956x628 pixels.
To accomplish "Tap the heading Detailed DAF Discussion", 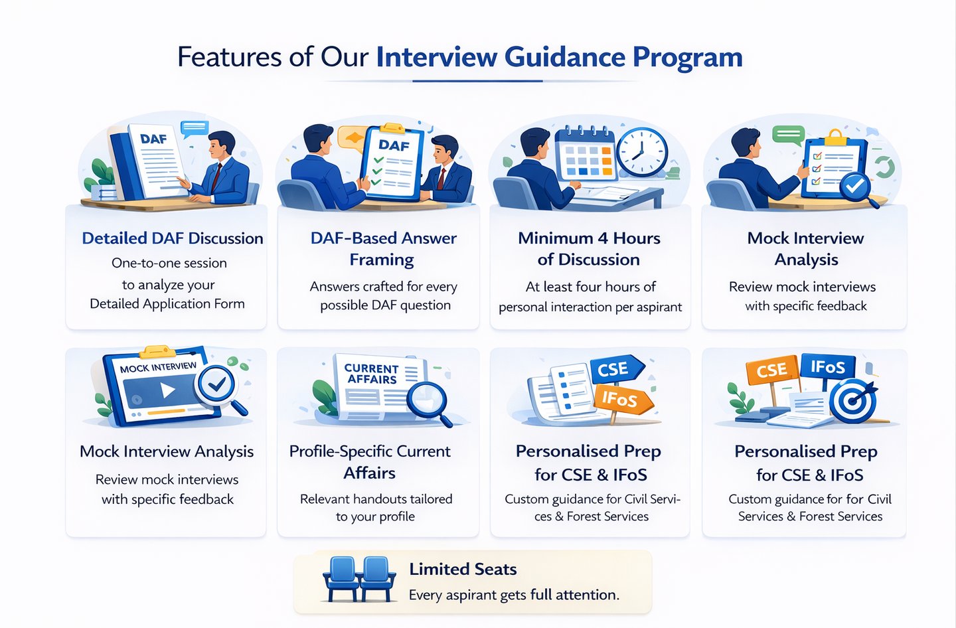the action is pos(173,238).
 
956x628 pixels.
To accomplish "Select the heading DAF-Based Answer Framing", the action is pos(383,248).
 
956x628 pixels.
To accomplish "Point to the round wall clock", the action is pos(641,152).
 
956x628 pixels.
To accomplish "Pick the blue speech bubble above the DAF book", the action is pos(195,128).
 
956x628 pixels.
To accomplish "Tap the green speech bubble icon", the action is pos(788,135).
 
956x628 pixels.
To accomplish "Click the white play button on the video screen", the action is pos(168,390).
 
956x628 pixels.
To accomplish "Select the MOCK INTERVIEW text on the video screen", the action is pos(158,367).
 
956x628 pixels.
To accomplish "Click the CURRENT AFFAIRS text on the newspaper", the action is pos(371,374).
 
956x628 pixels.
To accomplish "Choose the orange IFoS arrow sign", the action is pos(621,399).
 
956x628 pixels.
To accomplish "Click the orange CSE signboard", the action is pos(772,370).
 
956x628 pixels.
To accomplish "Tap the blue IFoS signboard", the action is pos(828,367).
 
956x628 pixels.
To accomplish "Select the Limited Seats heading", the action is pos(463,569).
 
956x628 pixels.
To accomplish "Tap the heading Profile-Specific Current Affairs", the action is pos(370,462).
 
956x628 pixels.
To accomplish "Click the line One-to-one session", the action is pos(169,263).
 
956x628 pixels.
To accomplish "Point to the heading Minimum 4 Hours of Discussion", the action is pos(589,248).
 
